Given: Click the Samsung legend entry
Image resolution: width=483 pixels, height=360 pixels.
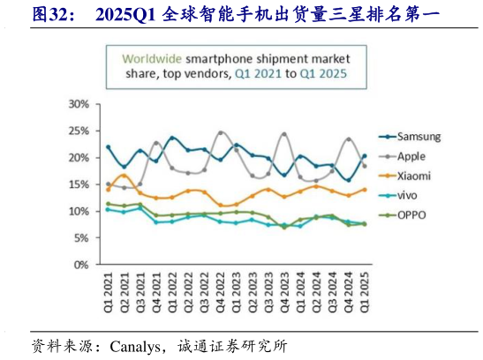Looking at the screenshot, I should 418,137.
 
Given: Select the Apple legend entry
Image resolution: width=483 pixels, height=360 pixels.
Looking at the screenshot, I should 411,156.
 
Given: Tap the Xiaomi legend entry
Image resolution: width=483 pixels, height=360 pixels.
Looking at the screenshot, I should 413,176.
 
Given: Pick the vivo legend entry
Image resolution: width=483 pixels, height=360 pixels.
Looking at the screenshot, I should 408,195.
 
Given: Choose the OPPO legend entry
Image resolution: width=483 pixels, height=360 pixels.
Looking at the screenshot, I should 411,214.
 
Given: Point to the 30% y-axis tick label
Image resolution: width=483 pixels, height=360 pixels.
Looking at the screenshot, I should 78,104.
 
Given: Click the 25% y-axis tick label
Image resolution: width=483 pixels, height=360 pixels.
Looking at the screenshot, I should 78,131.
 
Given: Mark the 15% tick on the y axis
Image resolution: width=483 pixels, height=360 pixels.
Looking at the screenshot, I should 78,184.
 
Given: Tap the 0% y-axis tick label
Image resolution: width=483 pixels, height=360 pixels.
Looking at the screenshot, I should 80,265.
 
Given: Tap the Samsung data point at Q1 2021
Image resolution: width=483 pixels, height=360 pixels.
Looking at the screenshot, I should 108,147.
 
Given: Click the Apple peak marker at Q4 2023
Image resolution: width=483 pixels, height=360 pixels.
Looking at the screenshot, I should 284,134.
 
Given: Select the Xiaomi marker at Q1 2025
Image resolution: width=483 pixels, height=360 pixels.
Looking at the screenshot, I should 364,190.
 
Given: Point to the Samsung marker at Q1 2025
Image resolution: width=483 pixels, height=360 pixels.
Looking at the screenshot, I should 364,156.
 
